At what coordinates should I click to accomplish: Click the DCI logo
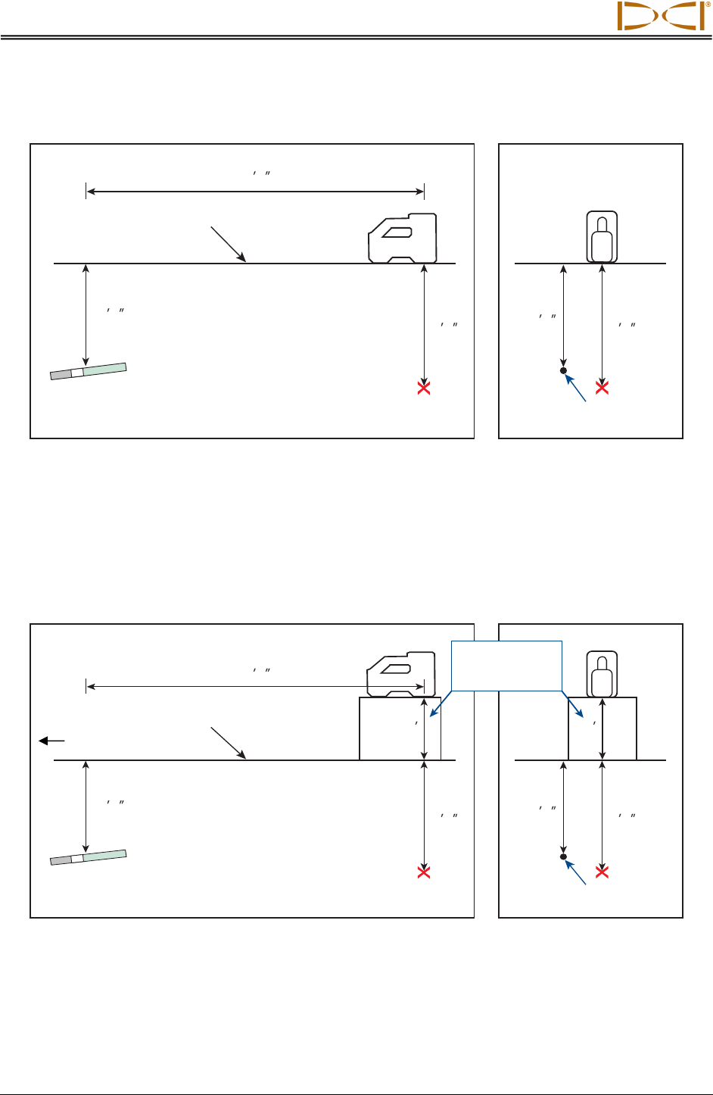[x=661, y=15]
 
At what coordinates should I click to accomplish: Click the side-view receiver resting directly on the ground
[x=402, y=237]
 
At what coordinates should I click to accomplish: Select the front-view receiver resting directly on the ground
[x=602, y=236]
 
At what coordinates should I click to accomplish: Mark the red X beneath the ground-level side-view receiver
[x=424, y=388]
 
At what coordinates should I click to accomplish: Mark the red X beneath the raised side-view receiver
[x=424, y=872]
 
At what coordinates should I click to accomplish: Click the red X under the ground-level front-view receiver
[x=602, y=388]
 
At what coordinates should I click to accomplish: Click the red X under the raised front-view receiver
[x=602, y=872]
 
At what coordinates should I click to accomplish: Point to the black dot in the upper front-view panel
[x=563, y=370]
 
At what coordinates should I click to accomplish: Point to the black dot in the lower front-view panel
[x=563, y=856]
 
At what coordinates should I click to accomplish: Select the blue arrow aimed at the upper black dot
[x=577, y=387]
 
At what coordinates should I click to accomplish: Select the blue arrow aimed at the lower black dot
[x=577, y=872]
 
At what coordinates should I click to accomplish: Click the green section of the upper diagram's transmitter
[x=104, y=369]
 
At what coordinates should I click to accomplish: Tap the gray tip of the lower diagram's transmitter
[x=60, y=860]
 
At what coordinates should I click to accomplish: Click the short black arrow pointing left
[x=51, y=741]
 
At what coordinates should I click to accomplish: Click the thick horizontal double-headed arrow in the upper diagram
[x=255, y=192]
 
